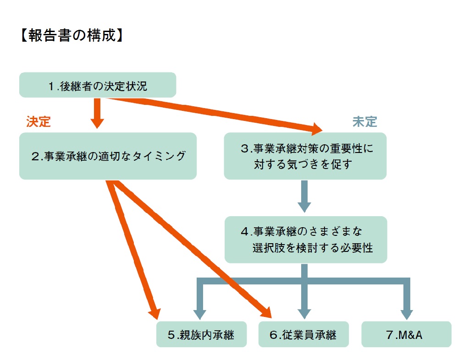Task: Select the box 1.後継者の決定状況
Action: (98, 85)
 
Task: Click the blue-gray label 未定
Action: (364, 121)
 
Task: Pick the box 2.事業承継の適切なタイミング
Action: (108, 156)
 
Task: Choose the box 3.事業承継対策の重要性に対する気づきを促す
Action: (305, 156)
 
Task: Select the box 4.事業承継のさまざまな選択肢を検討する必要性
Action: (306, 240)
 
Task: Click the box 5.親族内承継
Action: (201, 335)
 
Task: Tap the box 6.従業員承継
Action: (303, 335)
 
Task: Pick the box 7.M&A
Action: (406, 335)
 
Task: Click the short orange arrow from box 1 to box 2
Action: (97, 113)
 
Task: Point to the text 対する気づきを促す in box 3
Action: (303, 164)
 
